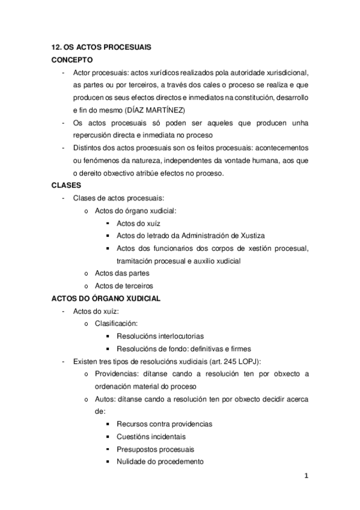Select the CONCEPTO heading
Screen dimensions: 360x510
(x=72, y=60)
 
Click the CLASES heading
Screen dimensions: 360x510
(x=66, y=186)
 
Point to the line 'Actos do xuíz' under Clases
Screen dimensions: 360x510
(x=138, y=223)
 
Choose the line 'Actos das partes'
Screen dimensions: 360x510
(x=122, y=273)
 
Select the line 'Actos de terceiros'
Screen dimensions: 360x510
(x=124, y=286)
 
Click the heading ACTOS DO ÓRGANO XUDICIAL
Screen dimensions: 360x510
(x=106, y=299)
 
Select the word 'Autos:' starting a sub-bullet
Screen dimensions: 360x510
(x=106, y=399)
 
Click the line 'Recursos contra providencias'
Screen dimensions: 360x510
(x=164, y=424)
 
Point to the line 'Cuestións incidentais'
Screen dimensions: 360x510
(x=151, y=437)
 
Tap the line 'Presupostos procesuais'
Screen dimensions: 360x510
(x=155, y=449)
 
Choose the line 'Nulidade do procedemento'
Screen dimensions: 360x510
(x=160, y=462)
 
